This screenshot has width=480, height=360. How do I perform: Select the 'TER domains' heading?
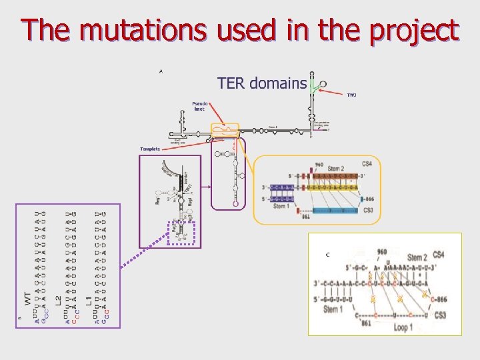[261, 84]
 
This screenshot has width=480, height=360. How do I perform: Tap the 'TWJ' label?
[351, 95]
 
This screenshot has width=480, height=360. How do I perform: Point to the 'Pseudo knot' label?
[199, 106]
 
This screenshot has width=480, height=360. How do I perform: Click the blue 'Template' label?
[150, 149]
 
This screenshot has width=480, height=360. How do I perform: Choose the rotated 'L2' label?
[58, 301]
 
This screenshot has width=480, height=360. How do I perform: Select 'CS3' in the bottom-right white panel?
[439, 315]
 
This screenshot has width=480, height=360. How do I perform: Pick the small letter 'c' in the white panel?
[327, 254]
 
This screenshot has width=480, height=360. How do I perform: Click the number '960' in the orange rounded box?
[319, 164]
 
